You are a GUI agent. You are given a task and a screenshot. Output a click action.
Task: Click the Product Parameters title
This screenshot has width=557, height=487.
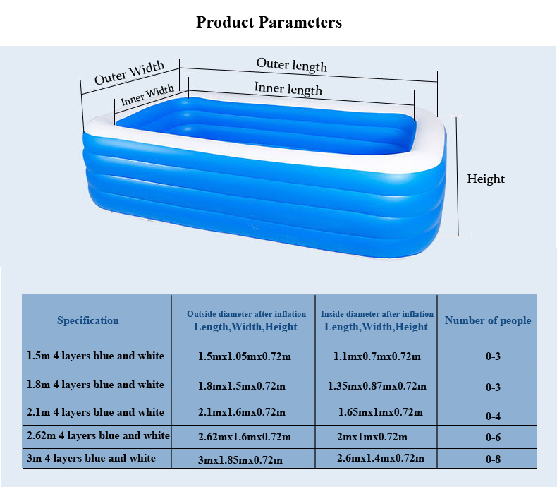click(269, 22)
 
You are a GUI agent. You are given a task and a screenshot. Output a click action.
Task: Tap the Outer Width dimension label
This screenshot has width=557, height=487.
click(129, 73)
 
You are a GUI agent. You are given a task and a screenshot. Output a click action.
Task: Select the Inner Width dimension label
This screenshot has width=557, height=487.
click(147, 95)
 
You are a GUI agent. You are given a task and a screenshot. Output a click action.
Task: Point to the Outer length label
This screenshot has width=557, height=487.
click(292, 65)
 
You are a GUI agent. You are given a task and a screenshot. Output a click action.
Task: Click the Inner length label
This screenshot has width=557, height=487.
click(288, 88)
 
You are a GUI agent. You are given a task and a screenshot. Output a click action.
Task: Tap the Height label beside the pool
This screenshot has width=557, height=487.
click(486, 179)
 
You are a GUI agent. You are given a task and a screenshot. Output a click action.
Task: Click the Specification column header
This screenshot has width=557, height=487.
click(88, 320)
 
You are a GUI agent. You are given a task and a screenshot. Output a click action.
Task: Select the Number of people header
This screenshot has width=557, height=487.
click(488, 320)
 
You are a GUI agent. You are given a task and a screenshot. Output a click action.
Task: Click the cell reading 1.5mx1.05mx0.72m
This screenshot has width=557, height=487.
click(245, 356)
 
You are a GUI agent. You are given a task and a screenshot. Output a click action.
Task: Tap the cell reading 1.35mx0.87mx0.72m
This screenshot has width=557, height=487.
click(377, 386)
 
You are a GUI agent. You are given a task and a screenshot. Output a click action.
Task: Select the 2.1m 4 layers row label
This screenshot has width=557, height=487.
click(96, 412)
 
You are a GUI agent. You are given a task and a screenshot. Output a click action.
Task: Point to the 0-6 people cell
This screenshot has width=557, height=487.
click(493, 437)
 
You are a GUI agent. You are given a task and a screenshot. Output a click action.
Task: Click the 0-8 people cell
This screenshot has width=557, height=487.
click(493, 459)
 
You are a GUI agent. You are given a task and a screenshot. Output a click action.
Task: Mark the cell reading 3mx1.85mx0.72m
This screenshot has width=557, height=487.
click(240, 460)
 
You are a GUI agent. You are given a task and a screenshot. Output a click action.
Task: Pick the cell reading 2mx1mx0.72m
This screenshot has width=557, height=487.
click(372, 437)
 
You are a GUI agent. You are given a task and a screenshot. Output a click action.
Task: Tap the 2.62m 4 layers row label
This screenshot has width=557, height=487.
click(99, 435)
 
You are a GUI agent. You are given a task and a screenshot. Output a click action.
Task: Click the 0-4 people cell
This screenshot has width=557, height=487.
click(493, 416)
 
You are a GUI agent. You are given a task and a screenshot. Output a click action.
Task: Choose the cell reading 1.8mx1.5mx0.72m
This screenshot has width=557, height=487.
click(242, 386)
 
